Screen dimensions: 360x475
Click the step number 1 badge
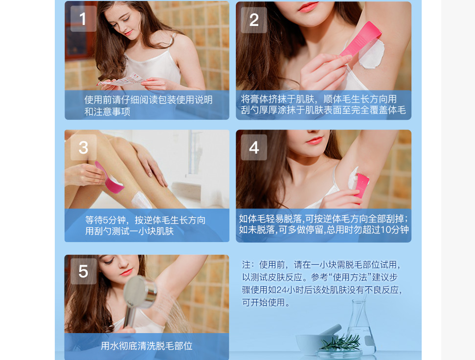pyautogui.click(x=83, y=19)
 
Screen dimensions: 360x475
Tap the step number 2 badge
pyautogui.click(x=254, y=20)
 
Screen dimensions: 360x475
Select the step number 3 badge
pyautogui.click(x=83, y=147)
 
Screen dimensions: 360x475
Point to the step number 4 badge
pyautogui.click(x=254, y=147)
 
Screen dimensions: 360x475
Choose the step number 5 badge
pyautogui.click(x=83, y=271)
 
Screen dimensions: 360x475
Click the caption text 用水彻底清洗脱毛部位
pyautogui.click(x=146, y=346)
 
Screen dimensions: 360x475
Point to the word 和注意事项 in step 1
pyautogui.click(x=107, y=112)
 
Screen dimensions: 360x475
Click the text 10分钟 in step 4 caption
pyautogui.click(x=393, y=230)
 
